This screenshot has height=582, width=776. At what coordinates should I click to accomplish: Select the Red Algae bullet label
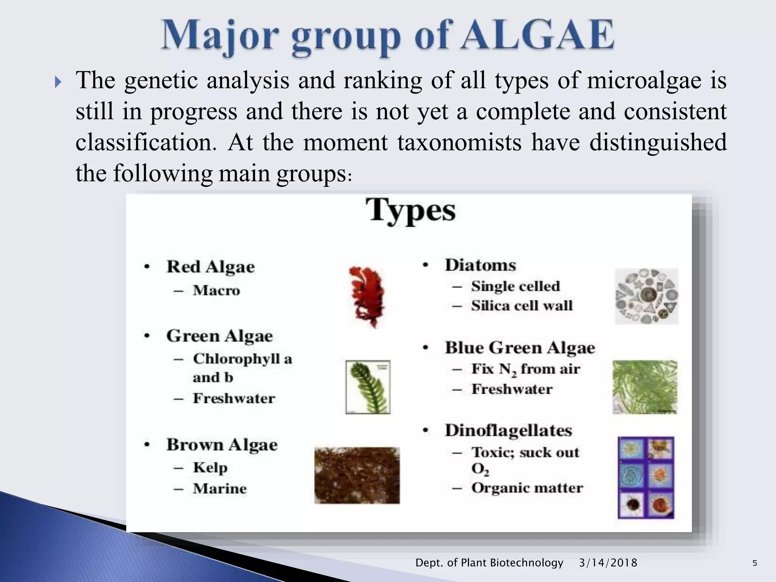point(210,267)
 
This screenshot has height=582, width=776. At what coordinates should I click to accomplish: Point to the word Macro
point(216,291)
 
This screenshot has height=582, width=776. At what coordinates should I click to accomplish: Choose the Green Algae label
point(219,336)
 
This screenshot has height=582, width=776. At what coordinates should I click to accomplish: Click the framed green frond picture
point(368,387)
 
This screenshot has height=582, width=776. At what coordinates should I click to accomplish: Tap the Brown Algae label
point(222,445)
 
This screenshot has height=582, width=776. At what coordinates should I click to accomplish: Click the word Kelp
point(210,468)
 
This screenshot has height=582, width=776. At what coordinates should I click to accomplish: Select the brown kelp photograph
point(357,475)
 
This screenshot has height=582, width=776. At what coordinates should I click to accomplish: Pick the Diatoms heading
point(480,265)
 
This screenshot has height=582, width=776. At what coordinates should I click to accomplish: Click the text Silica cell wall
point(522,306)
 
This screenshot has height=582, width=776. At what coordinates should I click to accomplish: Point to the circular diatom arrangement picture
point(646,296)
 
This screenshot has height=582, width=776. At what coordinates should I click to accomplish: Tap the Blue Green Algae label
point(520,348)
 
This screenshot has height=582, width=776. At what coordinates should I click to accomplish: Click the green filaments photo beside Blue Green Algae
point(645,387)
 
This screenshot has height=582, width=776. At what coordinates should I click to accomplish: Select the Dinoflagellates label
point(508,430)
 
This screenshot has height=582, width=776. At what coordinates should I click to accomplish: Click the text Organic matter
point(527,488)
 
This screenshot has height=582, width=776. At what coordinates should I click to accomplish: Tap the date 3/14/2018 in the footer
point(608,563)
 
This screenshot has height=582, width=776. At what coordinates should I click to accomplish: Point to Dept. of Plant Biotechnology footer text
point(489,563)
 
